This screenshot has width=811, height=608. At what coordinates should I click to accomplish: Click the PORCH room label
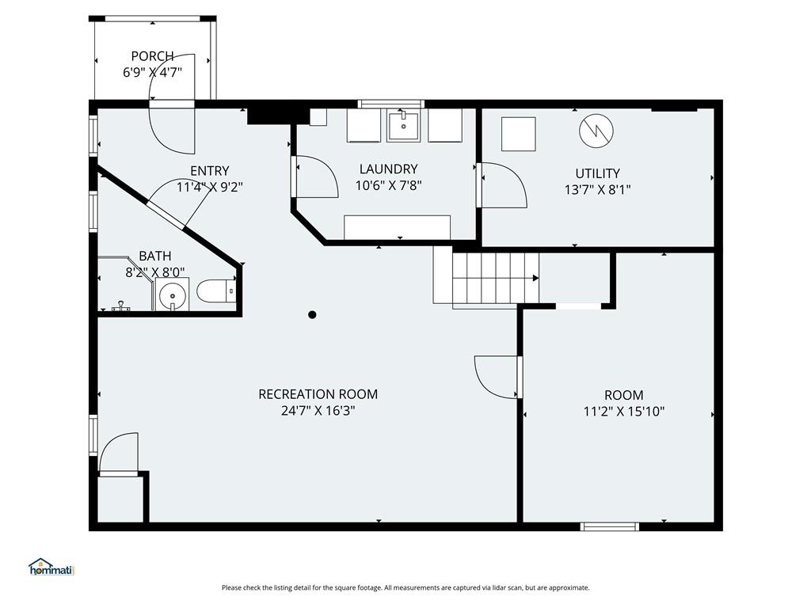pyautogui.click(x=152, y=56)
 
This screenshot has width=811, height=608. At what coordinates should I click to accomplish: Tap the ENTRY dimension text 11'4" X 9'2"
pyautogui.click(x=209, y=187)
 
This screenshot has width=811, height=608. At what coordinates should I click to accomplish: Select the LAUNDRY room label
pyautogui.click(x=388, y=169)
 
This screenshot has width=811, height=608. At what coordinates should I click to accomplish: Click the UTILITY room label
pyautogui.click(x=597, y=173)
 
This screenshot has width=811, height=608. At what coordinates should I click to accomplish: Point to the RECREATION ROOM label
pyautogui.click(x=318, y=394)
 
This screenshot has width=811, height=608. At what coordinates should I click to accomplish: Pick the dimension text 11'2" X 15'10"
pyautogui.click(x=624, y=412)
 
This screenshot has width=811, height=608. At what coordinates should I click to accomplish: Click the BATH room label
pyautogui.click(x=155, y=256)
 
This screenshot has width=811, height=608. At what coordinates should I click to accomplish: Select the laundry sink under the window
pyautogui.click(x=404, y=124)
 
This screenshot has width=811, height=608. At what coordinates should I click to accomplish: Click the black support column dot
pyautogui.click(x=312, y=314)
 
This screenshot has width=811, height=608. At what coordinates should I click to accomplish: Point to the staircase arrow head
pyautogui.click(x=536, y=278)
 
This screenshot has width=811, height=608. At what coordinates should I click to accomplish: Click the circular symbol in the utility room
pyautogui.click(x=596, y=131)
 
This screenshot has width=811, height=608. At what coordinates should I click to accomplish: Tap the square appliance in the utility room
pyautogui.click(x=518, y=134)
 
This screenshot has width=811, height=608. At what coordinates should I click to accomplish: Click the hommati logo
pyautogui.click(x=51, y=567)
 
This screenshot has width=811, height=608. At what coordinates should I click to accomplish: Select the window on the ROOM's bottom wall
pyautogui.click(x=609, y=526)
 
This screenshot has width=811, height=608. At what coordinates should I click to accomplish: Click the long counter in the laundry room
pyautogui.click(x=398, y=227)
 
